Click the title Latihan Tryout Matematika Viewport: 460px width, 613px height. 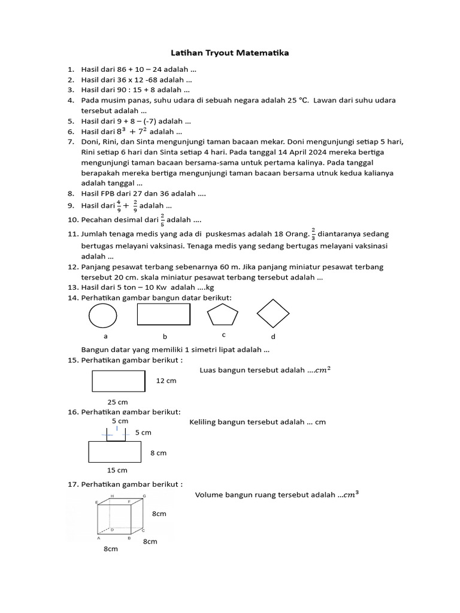(x=229, y=53)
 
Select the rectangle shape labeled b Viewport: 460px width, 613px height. (x=164, y=314)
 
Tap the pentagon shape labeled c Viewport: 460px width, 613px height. (x=222, y=315)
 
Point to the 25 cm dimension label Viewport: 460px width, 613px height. (x=117, y=402)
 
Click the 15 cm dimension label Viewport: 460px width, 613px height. (x=117, y=470)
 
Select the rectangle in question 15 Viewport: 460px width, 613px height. (x=119, y=381)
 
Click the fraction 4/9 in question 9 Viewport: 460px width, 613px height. (x=119, y=205)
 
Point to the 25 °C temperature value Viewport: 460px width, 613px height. (x=296, y=101)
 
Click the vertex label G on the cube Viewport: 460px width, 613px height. (x=144, y=497)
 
